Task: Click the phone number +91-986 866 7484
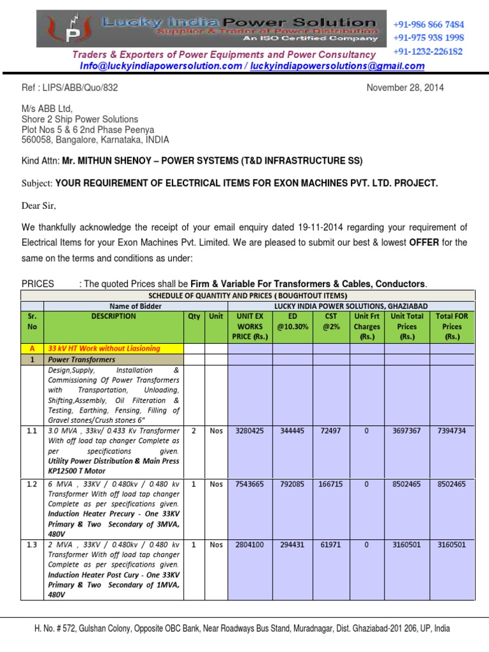click(428, 24)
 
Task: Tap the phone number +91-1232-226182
click(428, 51)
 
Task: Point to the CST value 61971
click(330, 544)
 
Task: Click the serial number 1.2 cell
click(32, 484)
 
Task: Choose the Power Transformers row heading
click(80, 360)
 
